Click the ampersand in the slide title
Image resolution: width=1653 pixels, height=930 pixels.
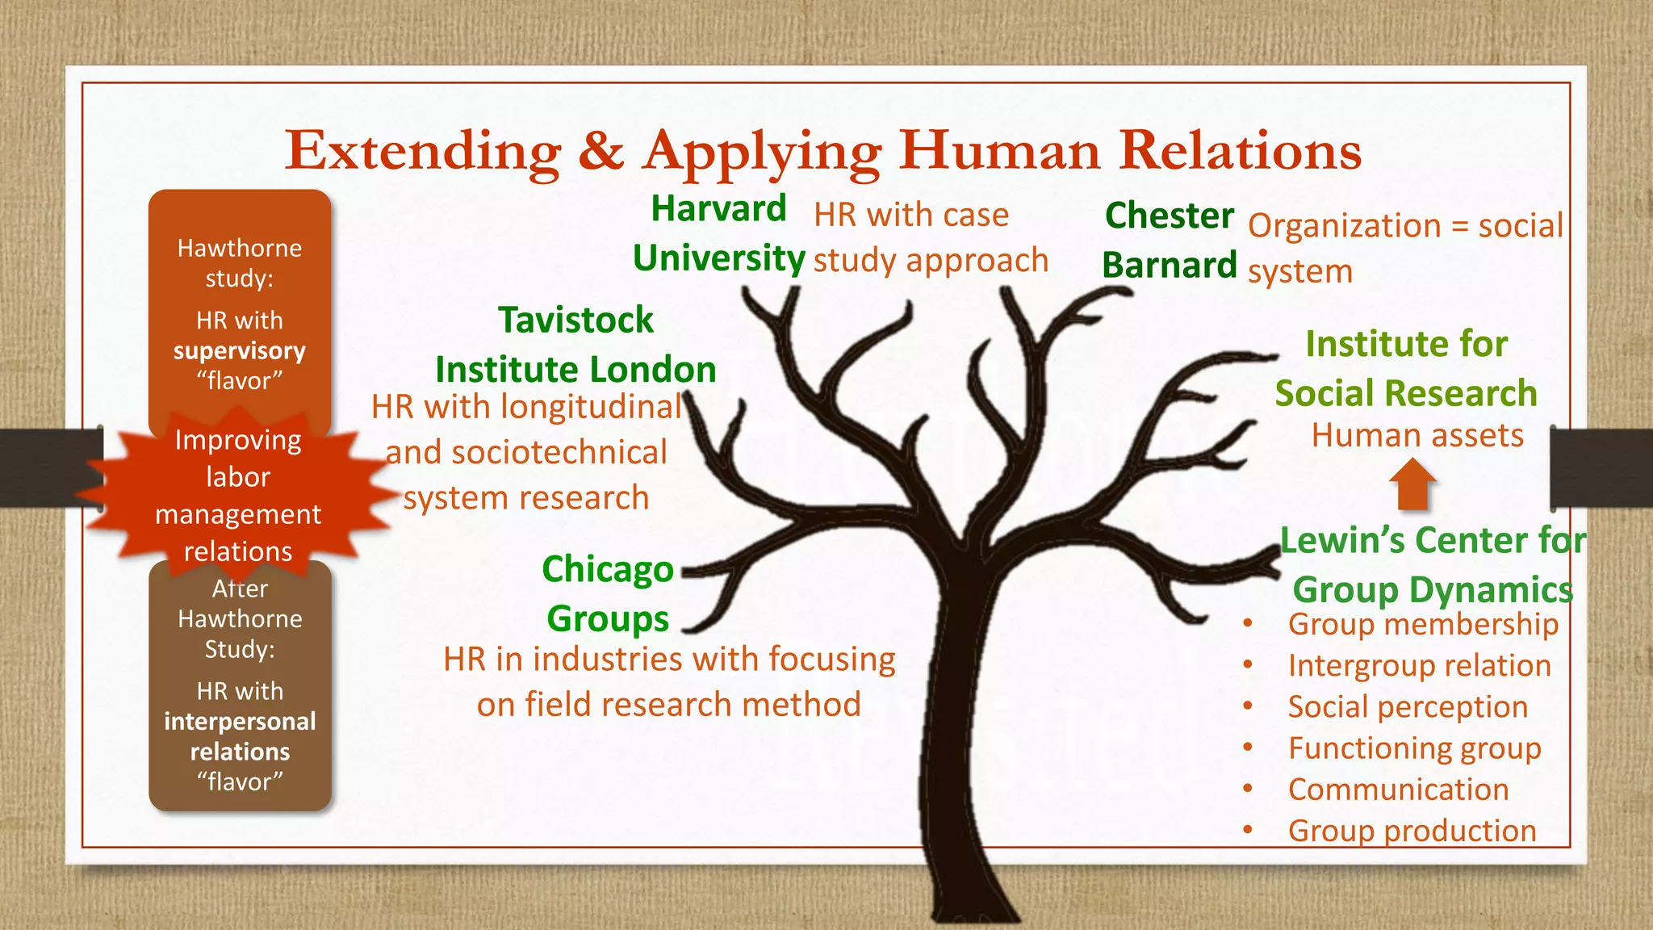(601, 150)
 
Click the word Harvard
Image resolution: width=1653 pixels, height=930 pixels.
(718, 209)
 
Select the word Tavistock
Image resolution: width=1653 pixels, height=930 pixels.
(575, 320)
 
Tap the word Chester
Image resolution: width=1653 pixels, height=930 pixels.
(1169, 216)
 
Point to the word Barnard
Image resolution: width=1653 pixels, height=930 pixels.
(1169, 266)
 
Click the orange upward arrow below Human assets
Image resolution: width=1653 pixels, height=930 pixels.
(1412, 484)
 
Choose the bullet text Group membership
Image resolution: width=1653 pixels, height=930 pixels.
(1423, 624)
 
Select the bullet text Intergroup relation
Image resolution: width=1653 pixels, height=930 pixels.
(1419, 666)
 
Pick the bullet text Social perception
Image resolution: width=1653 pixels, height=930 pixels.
(1408, 707)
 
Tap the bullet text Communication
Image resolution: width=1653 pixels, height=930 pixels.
(1398, 790)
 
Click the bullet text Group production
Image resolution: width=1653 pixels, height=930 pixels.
(1412, 831)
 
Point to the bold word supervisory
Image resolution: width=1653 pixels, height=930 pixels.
(240, 351)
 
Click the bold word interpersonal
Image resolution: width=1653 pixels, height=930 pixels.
(240, 722)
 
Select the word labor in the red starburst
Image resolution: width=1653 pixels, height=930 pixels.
(238, 477)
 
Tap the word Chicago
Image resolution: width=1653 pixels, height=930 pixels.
(608, 570)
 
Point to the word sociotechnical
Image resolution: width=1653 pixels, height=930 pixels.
(559, 453)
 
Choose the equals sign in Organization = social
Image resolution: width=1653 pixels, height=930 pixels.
(1459, 226)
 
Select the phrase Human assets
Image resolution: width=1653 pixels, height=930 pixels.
(1417, 436)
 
